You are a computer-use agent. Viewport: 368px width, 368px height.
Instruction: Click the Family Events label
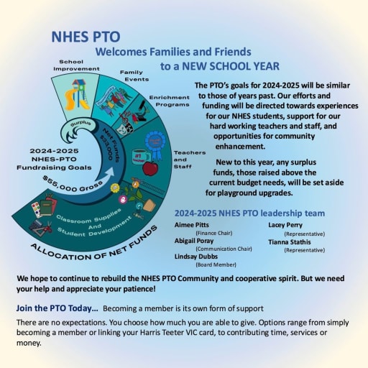tap(134, 75)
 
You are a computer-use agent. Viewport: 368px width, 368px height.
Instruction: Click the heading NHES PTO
tap(86, 37)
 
